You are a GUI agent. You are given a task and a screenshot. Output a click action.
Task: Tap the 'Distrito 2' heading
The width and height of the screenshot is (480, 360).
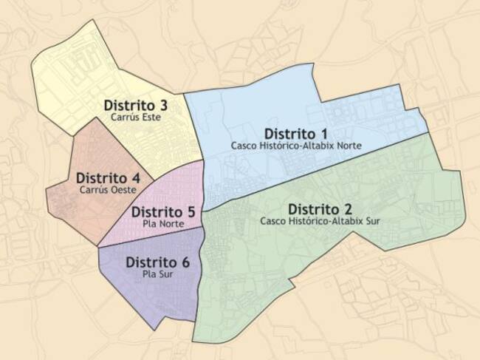[320, 208]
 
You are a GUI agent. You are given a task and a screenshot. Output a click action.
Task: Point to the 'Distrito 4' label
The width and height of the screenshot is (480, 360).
[108, 178]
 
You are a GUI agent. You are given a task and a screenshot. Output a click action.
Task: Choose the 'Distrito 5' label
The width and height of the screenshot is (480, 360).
[162, 211]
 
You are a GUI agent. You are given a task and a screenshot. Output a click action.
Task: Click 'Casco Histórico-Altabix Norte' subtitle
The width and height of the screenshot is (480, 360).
[296, 146]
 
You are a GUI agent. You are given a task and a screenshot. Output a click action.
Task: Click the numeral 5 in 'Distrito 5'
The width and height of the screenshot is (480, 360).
[192, 211]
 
